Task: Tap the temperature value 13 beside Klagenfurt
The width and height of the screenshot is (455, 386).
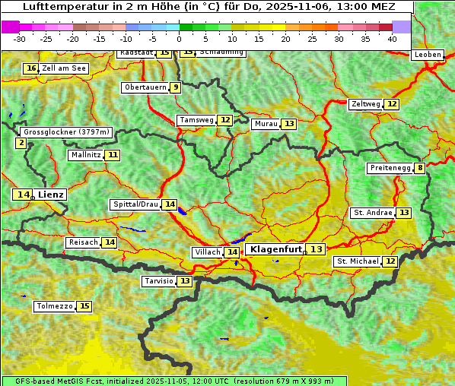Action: (x=316, y=249)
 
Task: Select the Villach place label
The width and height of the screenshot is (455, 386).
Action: (x=207, y=252)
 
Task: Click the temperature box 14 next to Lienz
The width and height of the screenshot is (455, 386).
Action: (x=23, y=195)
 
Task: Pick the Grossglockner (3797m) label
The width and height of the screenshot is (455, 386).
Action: (x=67, y=132)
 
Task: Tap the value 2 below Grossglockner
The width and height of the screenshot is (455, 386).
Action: (x=21, y=143)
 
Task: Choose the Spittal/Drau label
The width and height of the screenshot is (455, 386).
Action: (x=135, y=204)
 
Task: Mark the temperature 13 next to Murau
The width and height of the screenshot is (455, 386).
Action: (x=288, y=124)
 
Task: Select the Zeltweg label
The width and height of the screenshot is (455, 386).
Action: (x=365, y=104)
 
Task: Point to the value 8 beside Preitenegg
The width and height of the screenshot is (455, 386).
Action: (x=420, y=168)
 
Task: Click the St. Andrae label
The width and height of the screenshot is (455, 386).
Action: (x=373, y=213)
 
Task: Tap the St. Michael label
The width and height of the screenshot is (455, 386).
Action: (x=358, y=261)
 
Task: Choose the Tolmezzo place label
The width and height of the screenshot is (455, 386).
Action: (x=55, y=306)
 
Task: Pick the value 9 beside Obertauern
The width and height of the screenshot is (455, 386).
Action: (x=176, y=87)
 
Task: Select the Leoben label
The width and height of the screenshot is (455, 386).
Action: (x=428, y=55)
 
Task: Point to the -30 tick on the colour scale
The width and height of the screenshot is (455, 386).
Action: (x=20, y=39)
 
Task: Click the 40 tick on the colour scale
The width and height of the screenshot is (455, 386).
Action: (x=392, y=39)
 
